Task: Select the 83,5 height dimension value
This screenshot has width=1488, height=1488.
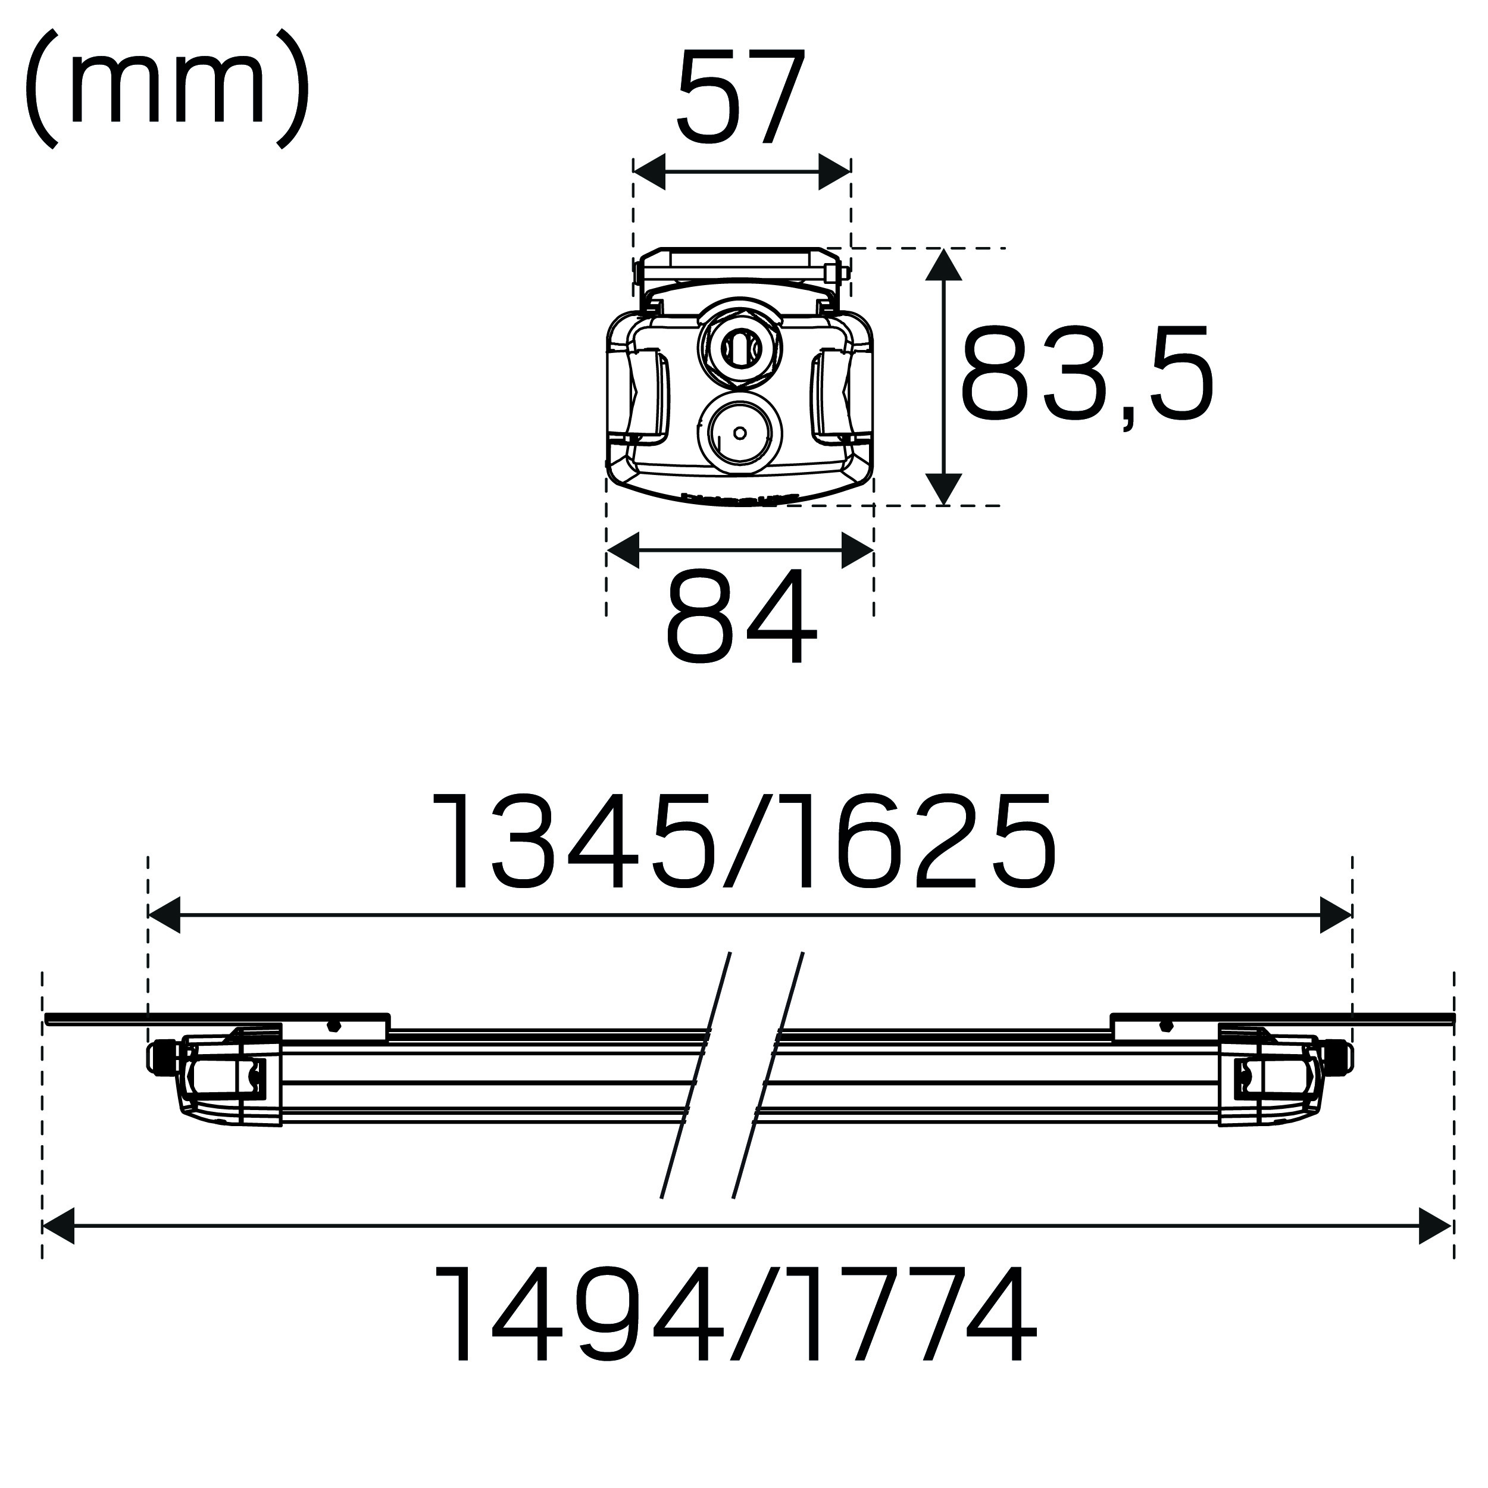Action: tap(1087, 374)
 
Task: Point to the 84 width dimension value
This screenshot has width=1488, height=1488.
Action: tap(740, 617)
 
